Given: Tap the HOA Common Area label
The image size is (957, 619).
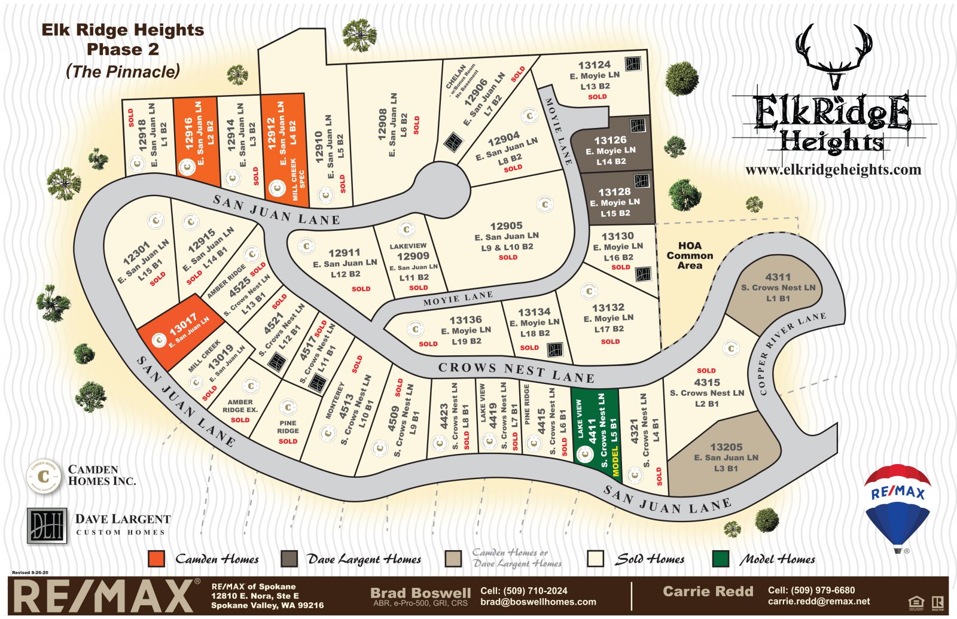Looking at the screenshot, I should click(690, 255).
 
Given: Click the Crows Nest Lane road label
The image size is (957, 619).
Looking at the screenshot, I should click(516, 372).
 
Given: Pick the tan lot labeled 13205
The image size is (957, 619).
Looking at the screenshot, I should click(726, 457).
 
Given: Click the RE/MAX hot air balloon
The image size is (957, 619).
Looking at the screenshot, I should click(897, 505).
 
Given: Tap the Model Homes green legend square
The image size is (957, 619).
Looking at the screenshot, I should click(721, 559).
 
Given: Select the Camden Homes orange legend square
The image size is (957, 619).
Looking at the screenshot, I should click(156, 559).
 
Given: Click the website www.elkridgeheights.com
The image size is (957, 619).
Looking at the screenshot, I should click(833, 170).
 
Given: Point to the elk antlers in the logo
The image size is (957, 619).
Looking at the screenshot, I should click(836, 51).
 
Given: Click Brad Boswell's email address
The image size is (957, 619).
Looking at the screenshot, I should click(538, 602).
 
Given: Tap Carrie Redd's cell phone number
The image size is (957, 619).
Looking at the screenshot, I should click(811, 590).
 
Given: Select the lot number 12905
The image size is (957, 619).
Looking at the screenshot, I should click(506, 226).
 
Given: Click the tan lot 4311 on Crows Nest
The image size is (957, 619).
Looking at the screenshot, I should click(777, 287).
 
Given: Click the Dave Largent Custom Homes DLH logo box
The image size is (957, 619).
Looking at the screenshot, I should click(47, 526).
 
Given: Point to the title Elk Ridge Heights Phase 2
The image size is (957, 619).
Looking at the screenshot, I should click(123, 39).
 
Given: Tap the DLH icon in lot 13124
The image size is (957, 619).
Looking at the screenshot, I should click(633, 63).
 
